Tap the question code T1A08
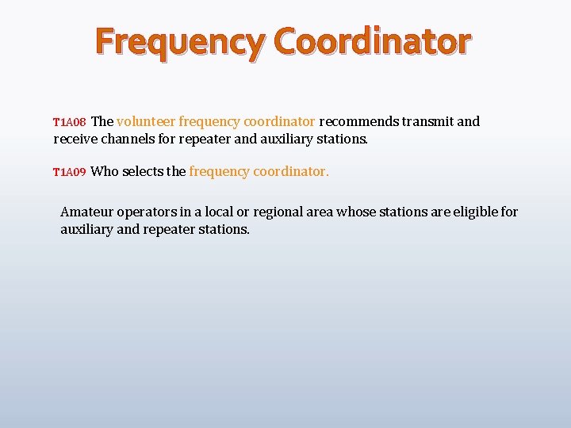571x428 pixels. tap(69, 123)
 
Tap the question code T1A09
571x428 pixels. tap(69, 173)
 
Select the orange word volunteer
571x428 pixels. tap(146, 122)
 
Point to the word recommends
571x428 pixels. tap(359, 122)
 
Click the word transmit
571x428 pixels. tap(428, 122)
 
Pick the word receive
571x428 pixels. tap(76, 139)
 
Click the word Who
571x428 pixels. tap(105, 171)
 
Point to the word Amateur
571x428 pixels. tap(86, 212)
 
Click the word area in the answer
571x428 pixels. tap(321, 212)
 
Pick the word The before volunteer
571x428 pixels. tap(102, 122)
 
